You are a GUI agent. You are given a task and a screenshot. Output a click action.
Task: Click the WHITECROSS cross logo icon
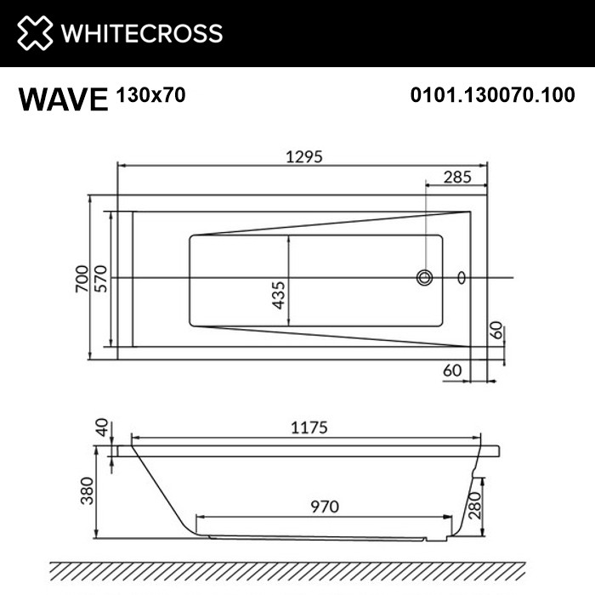31,33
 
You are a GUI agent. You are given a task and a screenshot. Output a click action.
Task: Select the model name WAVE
63,99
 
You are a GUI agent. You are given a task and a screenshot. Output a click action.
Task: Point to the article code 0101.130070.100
492,96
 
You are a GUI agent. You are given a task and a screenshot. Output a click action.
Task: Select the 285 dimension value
457,178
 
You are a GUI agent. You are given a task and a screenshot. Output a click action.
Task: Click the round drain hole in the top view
424,277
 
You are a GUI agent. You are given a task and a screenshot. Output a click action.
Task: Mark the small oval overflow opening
462,277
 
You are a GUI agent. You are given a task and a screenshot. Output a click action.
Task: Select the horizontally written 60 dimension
452,370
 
